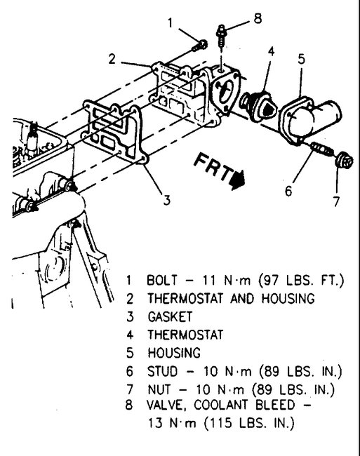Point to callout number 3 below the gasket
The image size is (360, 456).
click(x=166, y=200)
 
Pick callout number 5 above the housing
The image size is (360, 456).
click(x=301, y=59)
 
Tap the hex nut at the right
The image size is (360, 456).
click(x=343, y=161)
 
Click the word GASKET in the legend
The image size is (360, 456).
click(x=167, y=316)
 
